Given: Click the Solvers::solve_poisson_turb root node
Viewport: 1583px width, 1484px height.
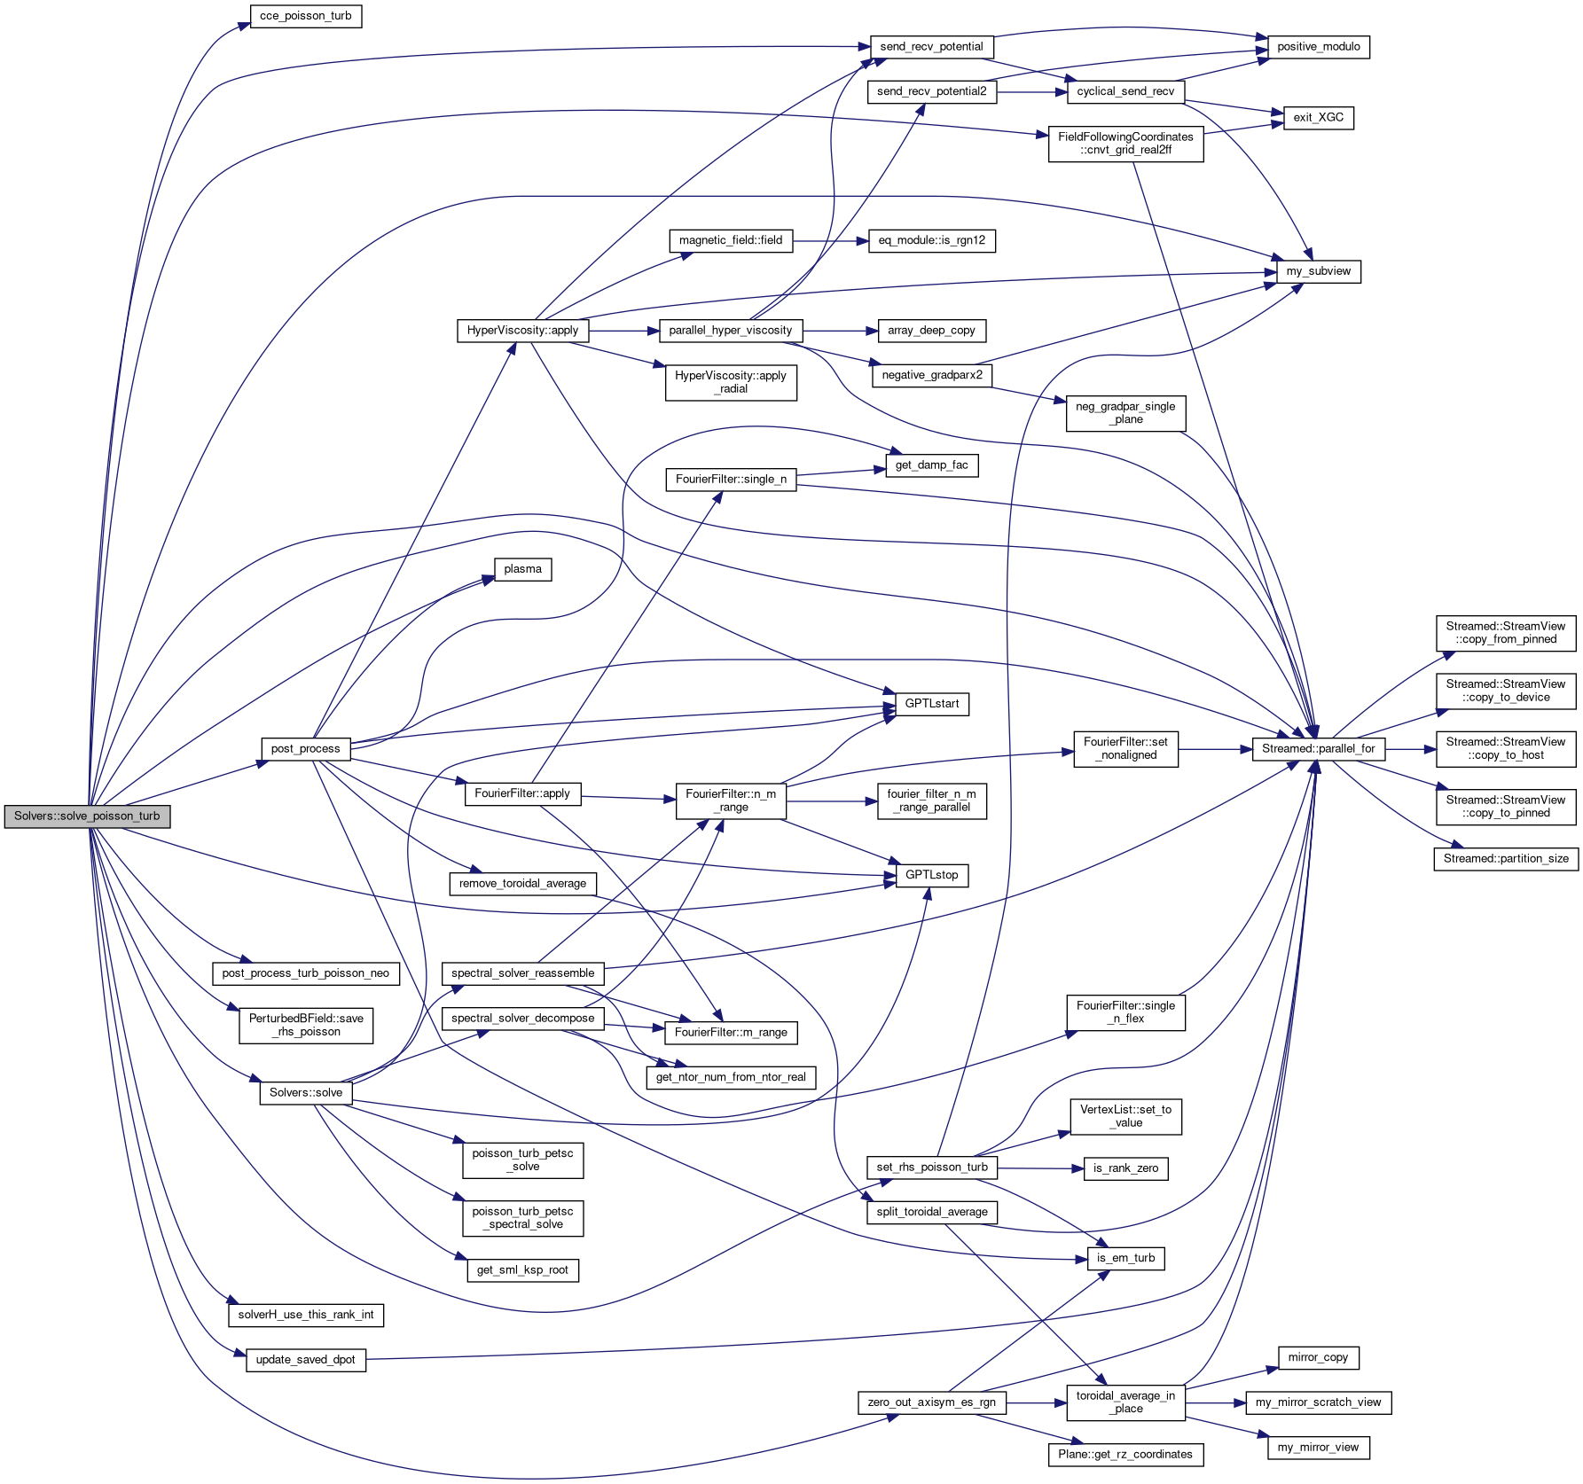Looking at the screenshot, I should tap(87, 816).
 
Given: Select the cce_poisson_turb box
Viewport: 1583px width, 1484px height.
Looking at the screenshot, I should tap(305, 16).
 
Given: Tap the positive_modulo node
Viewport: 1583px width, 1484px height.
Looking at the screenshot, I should tap(1318, 47).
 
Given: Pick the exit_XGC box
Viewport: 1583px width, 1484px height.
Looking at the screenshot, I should tap(1318, 118).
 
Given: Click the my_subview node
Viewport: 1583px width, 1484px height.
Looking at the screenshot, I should tap(1318, 271).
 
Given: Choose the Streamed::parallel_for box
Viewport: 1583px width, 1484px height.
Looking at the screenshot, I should tap(1318, 749).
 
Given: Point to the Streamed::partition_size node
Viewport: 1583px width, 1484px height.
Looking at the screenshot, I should tap(1505, 859).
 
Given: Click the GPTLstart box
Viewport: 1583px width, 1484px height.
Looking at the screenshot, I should tap(931, 704).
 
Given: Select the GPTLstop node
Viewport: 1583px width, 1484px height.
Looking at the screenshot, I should tap(931, 875).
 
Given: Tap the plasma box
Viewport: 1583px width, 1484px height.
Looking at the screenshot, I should tap(522, 569).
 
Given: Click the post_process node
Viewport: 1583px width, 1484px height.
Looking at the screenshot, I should tap(305, 749).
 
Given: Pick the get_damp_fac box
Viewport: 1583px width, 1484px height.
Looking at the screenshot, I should tap(931, 465).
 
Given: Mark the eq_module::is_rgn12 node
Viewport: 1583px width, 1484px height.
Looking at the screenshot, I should tap(931, 240).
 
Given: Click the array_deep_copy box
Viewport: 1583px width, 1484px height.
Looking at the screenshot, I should tap(931, 331).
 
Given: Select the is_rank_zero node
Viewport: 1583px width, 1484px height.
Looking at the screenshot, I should tap(1125, 1168).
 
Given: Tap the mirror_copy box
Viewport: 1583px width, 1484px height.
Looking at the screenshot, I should tap(1318, 1357).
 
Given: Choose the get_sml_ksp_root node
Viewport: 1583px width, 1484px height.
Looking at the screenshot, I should tap(522, 1270).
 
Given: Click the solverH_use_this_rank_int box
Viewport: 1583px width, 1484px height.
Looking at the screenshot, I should tap(305, 1315).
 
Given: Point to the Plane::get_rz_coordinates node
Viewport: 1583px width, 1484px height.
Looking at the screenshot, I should tap(1125, 1455).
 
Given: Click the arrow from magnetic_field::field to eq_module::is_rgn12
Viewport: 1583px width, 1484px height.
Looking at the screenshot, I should tap(830, 240).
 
